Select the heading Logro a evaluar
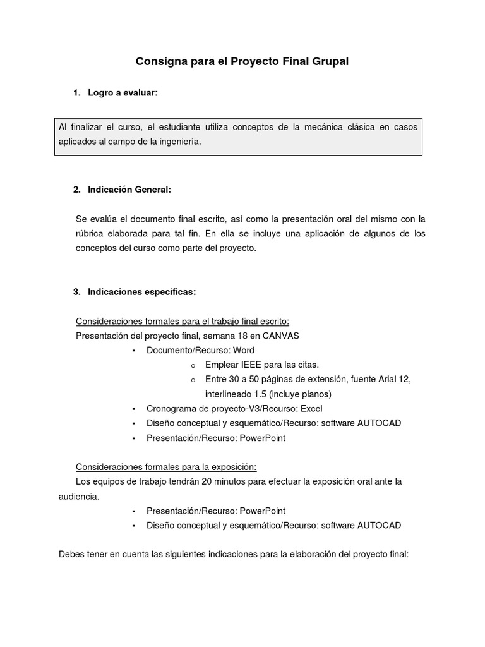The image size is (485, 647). pyautogui.click(x=123, y=93)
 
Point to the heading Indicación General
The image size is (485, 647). pyautogui.click(x=129, y=190)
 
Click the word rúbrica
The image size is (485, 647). pyautogui.click(x=92, y=234)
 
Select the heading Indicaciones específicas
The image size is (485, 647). pyautogui.click(x=142, y=291)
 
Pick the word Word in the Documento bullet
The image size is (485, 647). pyautogui.click(x=244, y=350)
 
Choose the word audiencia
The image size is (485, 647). pyautogui.click(x=78, y=497)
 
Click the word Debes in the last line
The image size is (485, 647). pyautogui.click(x=71, y=555)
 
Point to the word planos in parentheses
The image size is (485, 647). pyautogui.click(x=314, y=394)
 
